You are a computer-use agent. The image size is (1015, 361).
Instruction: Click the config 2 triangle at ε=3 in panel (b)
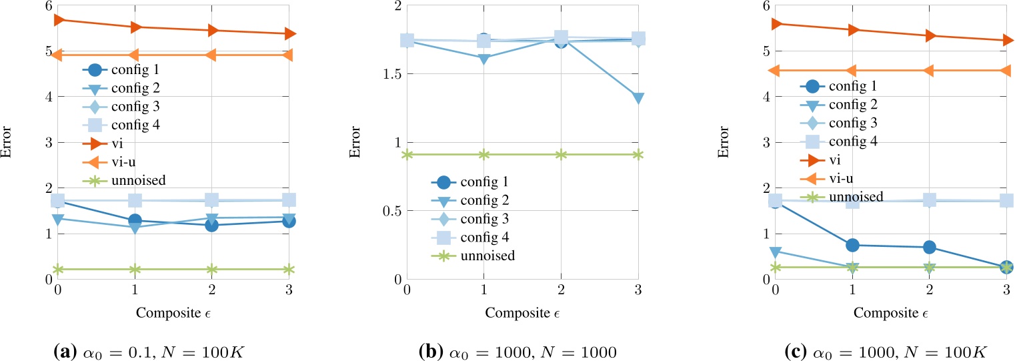coord(638,98)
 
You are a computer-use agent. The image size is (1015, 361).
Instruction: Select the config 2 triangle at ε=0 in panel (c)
coord(775,252)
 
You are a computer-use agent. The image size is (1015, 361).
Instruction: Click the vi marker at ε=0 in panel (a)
coord(58,20)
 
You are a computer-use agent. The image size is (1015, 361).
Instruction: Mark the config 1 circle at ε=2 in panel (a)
coord(211,226)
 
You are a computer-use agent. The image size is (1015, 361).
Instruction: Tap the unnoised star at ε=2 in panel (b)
coord(561,155)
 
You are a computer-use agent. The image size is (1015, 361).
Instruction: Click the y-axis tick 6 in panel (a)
coord(47,5)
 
